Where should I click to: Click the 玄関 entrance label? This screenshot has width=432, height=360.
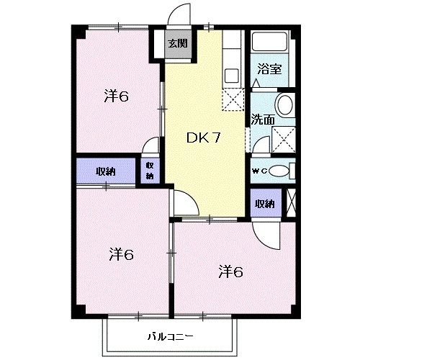tap(178, 43)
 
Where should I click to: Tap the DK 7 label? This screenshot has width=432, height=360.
tap(204, 138)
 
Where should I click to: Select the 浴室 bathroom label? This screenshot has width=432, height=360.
tap(269, 69)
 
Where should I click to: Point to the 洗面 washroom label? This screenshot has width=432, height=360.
tap(263, 120)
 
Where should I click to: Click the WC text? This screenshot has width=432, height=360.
tap(259, 171)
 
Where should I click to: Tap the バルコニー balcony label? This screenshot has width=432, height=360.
tap(170, 336)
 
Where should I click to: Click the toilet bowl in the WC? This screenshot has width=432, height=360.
tap(279, 171)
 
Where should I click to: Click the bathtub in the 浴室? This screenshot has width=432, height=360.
tap(270, 42)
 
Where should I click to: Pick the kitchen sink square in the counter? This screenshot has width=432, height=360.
tap(231, 76)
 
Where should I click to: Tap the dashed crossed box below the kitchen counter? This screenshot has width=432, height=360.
tap(233, 99)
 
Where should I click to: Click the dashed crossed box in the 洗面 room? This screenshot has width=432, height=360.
tap(284, 140)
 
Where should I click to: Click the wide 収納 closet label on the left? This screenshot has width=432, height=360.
tap(106, 171)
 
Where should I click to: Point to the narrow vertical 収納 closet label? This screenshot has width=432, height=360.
tap(150, 171)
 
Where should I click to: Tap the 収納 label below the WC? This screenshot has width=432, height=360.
tap(265, 204)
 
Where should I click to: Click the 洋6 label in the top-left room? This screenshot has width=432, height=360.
tap(116, 96)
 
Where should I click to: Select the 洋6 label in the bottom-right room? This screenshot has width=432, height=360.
tap(231, 272)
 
